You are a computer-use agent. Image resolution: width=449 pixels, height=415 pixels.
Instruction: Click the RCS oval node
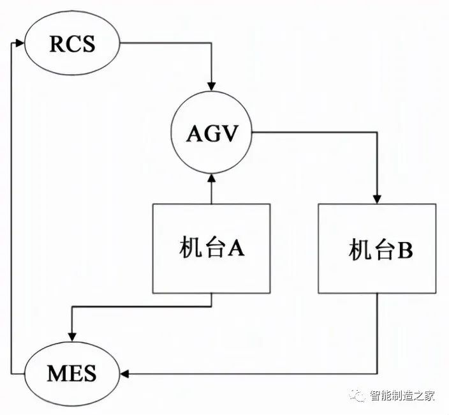click(72, 44)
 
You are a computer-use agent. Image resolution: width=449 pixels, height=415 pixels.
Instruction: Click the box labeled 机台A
click(211, 248)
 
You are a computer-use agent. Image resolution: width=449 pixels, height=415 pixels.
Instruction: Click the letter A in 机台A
click(237, 248)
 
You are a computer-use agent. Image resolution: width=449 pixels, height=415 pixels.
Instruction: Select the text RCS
click(72, 44)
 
